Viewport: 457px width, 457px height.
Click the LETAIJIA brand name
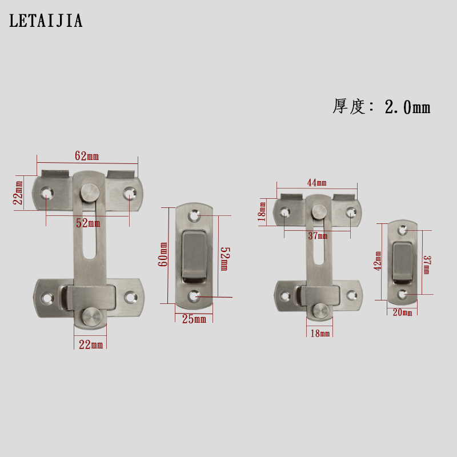(x=46, y=21)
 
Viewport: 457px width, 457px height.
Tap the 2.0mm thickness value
(x=407, y=107)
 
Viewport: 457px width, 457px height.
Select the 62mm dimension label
(x=87, y=156)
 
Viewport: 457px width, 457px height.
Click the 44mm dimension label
(x=317, y=183)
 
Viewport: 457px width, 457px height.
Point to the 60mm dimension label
(x=163, y=254)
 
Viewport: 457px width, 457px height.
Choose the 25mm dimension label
(x=194, y=319)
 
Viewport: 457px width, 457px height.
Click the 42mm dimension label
(x=378, y=261)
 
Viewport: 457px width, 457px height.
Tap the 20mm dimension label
(x=403, y=312)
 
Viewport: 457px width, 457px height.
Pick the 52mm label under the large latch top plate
(x=88, y=223)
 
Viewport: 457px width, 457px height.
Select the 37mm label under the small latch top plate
(x=318, y=235)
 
